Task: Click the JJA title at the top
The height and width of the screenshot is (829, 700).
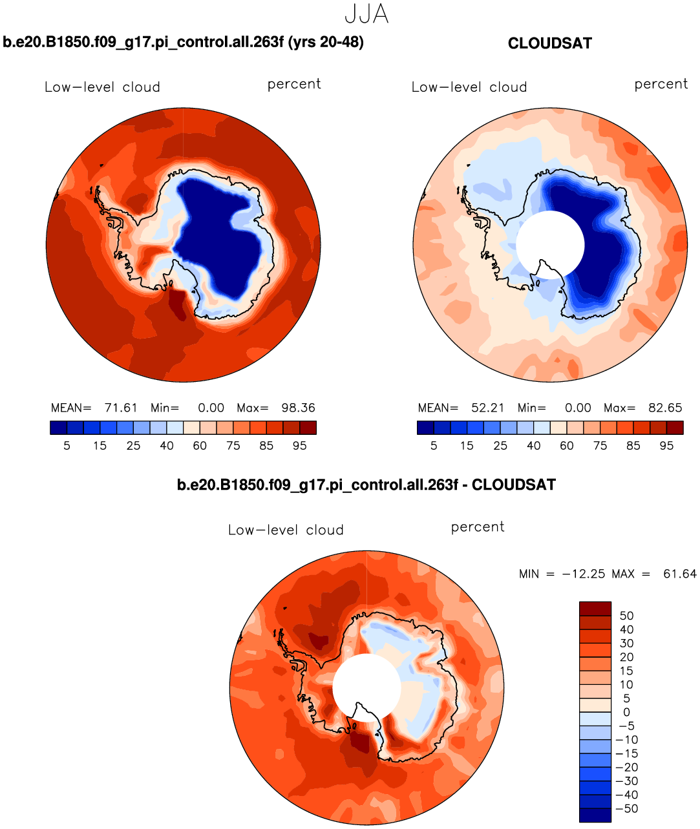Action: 366,14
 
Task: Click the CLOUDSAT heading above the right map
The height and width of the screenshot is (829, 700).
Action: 549,43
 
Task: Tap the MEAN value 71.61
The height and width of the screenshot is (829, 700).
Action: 121,408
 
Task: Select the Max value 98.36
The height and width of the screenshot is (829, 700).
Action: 298,408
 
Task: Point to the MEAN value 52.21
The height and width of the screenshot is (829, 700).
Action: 488,408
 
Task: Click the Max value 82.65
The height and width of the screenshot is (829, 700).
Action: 665,408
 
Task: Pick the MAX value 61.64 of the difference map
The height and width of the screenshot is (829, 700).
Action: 679,574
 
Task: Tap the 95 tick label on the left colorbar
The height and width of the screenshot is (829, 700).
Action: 299,446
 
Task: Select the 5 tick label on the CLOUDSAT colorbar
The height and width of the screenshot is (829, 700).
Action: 434,446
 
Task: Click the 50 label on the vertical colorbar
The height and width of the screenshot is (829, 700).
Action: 626,616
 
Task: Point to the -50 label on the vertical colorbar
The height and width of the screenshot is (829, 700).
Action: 626,809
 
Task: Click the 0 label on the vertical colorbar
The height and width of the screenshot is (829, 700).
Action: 626,712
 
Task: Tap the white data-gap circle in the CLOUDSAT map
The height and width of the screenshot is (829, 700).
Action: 549,244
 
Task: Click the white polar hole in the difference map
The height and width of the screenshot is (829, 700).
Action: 366,687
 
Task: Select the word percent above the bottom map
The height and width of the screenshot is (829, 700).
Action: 478,527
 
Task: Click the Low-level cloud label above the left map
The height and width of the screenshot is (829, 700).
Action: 102,87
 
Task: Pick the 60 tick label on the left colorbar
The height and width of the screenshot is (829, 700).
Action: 200,446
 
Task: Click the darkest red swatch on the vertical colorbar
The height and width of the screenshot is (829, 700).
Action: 595,609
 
